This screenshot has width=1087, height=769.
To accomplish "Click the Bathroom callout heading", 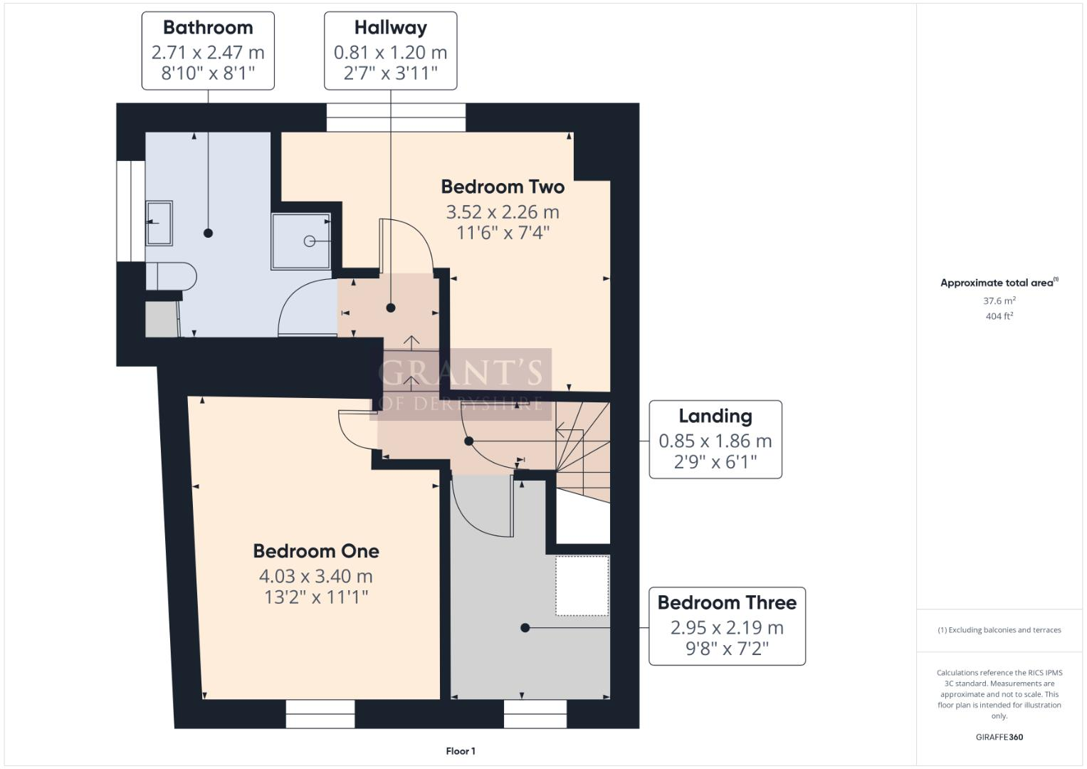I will point(208,28).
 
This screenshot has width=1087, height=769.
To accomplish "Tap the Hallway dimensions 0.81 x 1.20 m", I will point(390,52).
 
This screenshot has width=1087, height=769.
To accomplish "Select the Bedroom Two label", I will point(503,187).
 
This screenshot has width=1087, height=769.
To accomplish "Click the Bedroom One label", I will point(316,551).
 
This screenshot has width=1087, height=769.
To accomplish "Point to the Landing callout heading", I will point(715,417).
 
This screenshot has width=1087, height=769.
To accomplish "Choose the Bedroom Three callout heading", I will point(727,603).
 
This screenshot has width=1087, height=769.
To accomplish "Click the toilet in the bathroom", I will point(172,276).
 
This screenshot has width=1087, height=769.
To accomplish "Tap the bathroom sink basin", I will point(159,223).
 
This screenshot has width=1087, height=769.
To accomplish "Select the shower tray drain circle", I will point(310,241).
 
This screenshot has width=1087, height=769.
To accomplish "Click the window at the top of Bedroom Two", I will point(396,117).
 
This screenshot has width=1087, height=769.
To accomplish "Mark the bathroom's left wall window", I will point(131,211).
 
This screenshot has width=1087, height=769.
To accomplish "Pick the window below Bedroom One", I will point(320,713).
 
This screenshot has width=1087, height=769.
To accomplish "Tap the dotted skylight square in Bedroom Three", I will point(582,585).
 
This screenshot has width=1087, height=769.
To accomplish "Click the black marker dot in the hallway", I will point(391,308).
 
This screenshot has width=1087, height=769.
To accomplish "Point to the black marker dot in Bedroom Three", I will point(525,628).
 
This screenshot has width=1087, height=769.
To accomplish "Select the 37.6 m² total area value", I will point(999,300).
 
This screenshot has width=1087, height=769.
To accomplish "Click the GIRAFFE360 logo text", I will point(999,737).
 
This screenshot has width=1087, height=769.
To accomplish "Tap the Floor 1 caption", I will point(461,751).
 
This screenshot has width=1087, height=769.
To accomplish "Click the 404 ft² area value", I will point(999,316).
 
